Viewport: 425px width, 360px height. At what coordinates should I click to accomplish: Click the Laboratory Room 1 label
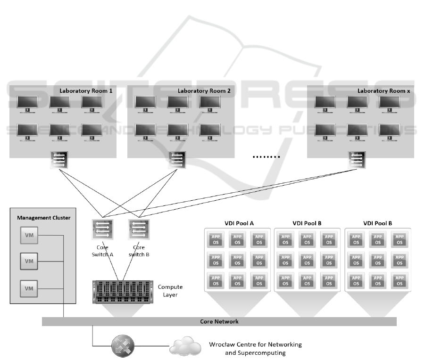point(86,90)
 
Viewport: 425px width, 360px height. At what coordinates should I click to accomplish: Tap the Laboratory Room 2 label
point(204,90)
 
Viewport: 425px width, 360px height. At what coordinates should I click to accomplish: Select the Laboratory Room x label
point(383,90)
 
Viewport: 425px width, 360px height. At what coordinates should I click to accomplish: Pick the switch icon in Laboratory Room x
point(357,160)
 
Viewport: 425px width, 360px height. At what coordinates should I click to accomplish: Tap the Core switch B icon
point(138,229)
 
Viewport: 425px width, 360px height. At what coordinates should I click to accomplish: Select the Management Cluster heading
point(43,218)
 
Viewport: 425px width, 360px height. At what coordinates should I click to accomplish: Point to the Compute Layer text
point(170,291)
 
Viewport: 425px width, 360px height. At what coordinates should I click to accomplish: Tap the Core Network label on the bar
point(219,322)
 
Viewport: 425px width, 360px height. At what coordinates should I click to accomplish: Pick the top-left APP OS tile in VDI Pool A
point(216,239)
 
